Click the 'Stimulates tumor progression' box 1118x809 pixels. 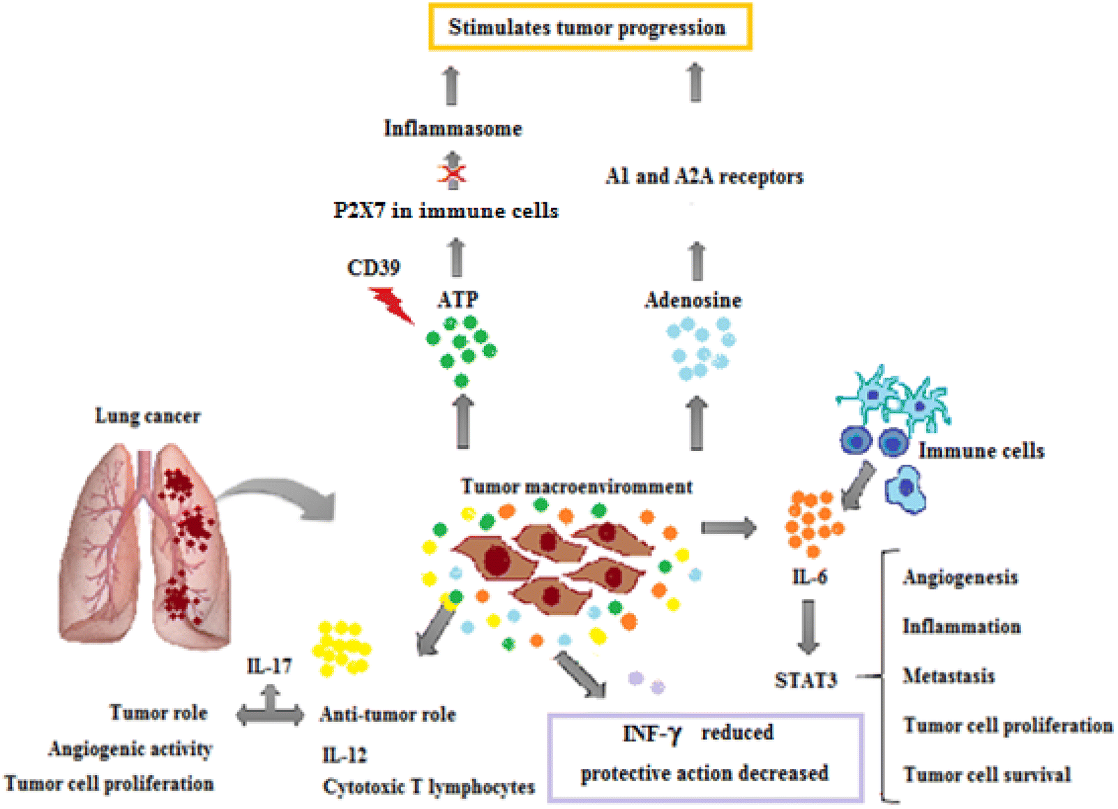click(x=589, y=27)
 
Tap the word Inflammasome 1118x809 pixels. click(x=453, y=128)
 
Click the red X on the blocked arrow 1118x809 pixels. click(x=452, y=172)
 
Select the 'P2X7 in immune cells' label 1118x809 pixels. click(x=446, y=211)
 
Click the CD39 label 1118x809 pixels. click(x=373, y=268)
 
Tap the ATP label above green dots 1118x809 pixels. click(x=458, y=299)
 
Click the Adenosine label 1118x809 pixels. click(x=693, y=300)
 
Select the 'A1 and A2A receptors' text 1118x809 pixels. click(x=704, y=176)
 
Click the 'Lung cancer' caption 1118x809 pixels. click(x=147, y=417)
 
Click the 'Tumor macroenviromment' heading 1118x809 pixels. click(x=577, y=487)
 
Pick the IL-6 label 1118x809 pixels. click(x=809, y=577)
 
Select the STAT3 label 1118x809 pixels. click(x=806, y=680)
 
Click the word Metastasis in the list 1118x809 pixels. click(x=949, y=676)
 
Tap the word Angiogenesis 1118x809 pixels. click(x=960, y=577)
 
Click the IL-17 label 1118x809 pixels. click(x=269, y=666)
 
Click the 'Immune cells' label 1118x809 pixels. click(x=981, y=451)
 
